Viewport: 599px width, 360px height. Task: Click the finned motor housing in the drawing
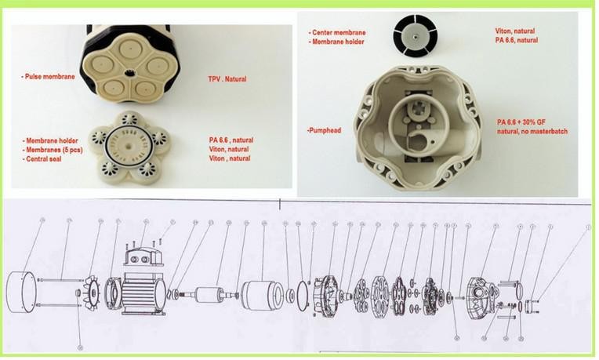(140, 283)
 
